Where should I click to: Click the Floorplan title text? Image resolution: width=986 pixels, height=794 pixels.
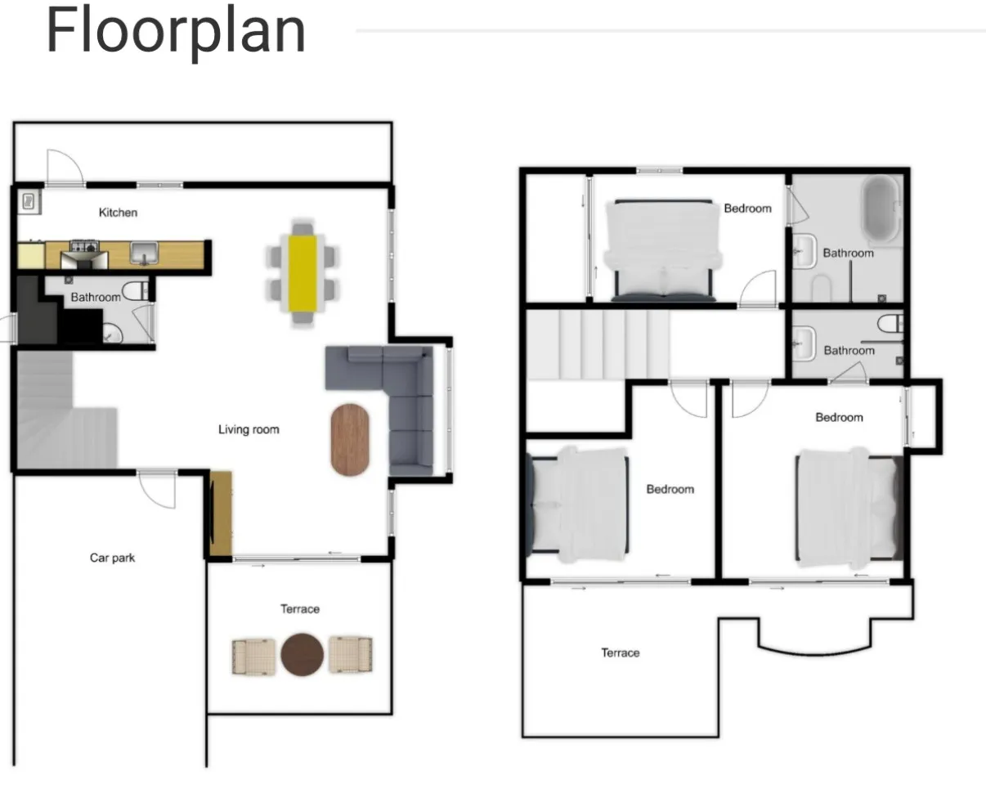(x=176, y=33)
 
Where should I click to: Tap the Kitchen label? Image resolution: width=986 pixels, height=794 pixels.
(x=119, y=213)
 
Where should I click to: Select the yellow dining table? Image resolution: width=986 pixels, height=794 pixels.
(x=303, y=273)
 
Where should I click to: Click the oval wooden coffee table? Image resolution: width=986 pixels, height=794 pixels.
(x=350, y=439)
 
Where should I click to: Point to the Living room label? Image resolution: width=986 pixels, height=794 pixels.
(x=249, y=429)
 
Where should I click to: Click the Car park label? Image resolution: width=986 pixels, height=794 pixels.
(x=112, y=558)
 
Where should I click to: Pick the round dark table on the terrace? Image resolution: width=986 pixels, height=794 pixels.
(x=302, y=655)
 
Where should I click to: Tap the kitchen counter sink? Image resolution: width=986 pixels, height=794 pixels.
(x=145, y=253)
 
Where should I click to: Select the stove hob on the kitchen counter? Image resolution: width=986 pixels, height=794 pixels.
(x=84, y=246)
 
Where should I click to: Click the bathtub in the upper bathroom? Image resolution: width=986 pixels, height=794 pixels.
(x=881, y=209)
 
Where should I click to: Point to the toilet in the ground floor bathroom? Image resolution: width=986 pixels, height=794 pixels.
(x=135, y=290)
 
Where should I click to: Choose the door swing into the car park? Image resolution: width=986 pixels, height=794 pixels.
(x=157, y=489)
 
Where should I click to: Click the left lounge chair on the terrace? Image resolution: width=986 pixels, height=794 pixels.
(x=253, y=657)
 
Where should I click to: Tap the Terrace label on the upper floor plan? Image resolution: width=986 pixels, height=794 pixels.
(x=621, y=653)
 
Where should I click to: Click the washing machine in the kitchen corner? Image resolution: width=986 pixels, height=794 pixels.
(x=29, y=202)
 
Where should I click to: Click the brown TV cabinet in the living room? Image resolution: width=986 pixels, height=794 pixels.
(x=221, y=514)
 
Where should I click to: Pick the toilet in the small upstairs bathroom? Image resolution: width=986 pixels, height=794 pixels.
(x=890, y=324)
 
